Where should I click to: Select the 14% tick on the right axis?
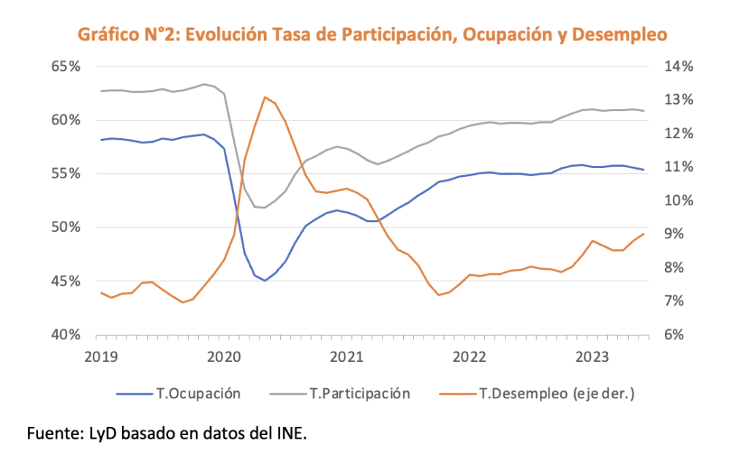click(x=678, y=67)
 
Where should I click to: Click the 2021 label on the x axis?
click(x=347, y=357)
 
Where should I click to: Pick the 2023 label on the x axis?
click(x=595, y=357)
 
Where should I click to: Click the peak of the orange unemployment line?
click(x=265, y=97)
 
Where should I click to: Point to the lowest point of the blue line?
click(x=265, y=281)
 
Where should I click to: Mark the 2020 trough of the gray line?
click(x=263, y=208)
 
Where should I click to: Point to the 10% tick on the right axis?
click(x=678, y=200)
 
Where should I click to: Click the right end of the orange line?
click(x=644, y=234)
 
